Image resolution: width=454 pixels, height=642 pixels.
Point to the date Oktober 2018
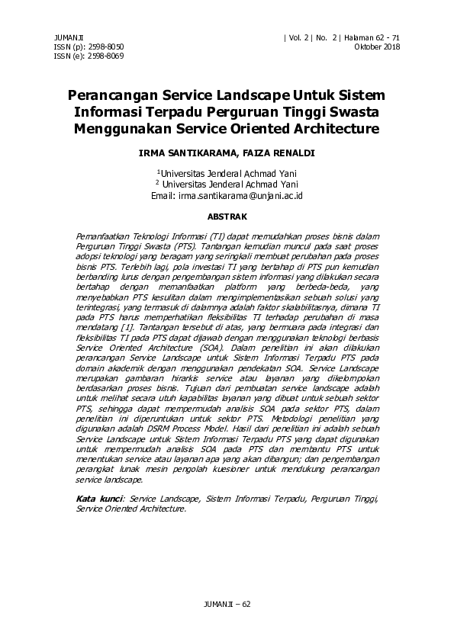[377, 47]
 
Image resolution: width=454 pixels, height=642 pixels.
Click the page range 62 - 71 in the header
[385, 37]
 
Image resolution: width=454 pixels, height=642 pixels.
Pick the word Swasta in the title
[351, 113]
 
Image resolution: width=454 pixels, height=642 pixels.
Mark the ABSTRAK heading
[227, 217]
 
